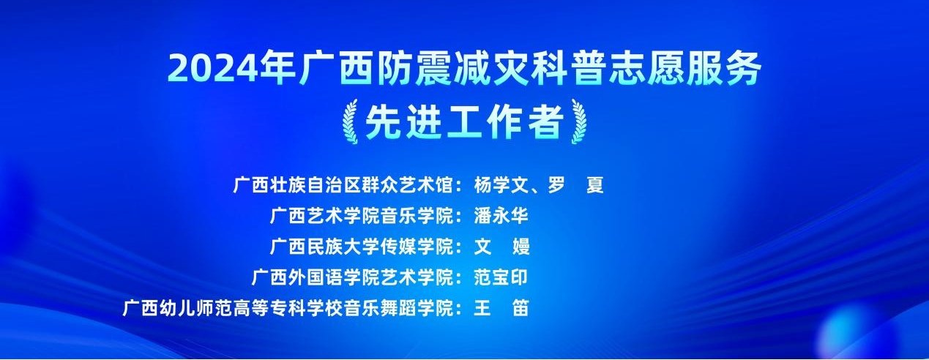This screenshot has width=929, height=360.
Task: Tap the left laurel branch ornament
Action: coord(351,121)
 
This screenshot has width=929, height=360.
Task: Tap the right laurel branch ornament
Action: coord(578,121)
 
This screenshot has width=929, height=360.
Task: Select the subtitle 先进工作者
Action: coord(464,121)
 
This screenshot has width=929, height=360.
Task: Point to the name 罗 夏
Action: coord(575,185)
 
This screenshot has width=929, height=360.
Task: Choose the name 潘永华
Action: coord(501,216)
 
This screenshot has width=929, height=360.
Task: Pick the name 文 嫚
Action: coord(501,247)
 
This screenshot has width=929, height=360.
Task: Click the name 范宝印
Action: coord(501,277)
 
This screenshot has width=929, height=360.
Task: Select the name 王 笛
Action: coord(501,308)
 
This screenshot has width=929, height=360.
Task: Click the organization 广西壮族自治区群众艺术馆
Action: coord(343,185)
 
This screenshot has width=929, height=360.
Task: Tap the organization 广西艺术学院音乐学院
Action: coord(362,216)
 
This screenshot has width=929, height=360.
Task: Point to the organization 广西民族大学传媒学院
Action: coord(362,247)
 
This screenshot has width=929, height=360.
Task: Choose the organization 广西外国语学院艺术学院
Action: coord(353,277)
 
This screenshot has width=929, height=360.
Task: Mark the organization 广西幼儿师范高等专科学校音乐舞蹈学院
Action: coord(288,308)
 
